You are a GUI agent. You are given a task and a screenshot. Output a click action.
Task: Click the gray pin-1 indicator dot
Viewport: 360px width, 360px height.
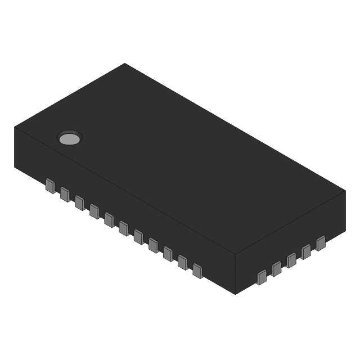pos(70,138)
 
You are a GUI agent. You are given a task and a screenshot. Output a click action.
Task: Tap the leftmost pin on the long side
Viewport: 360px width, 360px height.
pos(49,185)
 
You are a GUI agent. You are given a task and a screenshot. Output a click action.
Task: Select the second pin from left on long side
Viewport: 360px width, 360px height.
pos(64,193)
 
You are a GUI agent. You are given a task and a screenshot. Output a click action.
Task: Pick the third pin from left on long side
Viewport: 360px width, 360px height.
pos(79,202)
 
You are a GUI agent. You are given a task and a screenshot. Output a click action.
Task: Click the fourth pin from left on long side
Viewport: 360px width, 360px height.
pos(94,210)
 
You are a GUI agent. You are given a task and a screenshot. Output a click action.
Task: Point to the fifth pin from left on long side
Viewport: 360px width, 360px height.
pos(109,219)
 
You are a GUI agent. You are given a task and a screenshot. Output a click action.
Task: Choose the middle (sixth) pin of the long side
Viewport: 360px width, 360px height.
pos(124,228)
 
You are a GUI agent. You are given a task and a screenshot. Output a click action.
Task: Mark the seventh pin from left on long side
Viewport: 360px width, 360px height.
pos(138,236)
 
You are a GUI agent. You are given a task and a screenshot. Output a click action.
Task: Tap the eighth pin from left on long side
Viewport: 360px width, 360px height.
pos(153,245)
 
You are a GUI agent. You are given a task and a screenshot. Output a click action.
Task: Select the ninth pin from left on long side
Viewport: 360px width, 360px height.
pos(168,253)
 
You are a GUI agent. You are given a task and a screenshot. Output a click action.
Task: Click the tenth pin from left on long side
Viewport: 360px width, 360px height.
pos(182,262)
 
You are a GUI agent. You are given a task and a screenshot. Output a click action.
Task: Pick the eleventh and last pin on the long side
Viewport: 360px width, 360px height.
pos(197,270)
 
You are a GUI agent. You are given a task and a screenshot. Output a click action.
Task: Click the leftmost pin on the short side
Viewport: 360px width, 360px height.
pos(262,277)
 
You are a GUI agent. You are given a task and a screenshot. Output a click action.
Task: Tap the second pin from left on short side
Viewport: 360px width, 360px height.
pos(276,268)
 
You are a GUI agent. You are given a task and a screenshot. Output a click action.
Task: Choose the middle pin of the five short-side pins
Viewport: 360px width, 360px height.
pos(291,260)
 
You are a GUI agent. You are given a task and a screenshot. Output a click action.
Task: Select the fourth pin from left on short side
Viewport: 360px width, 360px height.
pos(306,251)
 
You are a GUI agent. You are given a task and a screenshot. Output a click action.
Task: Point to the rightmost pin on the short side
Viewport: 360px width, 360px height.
pos(321,243)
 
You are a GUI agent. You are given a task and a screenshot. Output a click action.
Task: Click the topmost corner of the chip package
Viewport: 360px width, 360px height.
pos(124,64)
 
